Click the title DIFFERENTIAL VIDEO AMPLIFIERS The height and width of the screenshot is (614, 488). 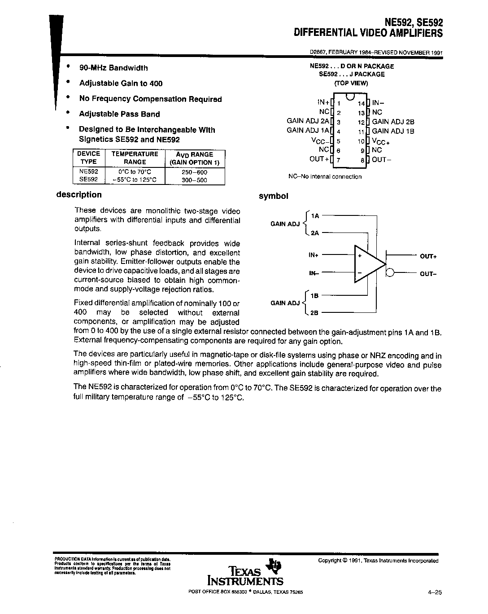pyautogui.click(x=368, y=33)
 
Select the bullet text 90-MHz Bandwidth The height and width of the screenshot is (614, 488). pyautogui.click(x=113, y=68)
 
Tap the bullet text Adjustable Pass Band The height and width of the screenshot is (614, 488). pyautogui.click(x=119, y=114)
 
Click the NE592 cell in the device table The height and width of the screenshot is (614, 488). pyautogui.click(x=88, y=172)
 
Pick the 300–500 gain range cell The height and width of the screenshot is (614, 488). pyautogui.click(x=195, y=180)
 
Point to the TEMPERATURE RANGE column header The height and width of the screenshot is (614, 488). pyautogui.click(x=135, y=158)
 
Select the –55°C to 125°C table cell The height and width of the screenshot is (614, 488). pyautogui.click(x=135, y=180)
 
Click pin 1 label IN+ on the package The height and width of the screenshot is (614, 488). pyautogui.click(x=323, y=102)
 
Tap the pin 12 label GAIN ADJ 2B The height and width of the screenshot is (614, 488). pyautogui.click(x=393, y=122)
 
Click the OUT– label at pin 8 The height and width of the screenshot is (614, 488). pyautogui.click(x=379, y=159)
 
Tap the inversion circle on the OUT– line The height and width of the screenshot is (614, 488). pyautogui.click(x=390, y=273)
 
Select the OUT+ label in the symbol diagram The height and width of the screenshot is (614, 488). pyautogui.click(x=428, y=256)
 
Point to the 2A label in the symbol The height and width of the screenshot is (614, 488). pyautogui.click(x=314, y=233)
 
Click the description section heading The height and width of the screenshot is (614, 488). pyautogui.click(x=79, y=195)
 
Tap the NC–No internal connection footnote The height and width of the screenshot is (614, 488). pyautogui.click(x=325, y=177)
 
